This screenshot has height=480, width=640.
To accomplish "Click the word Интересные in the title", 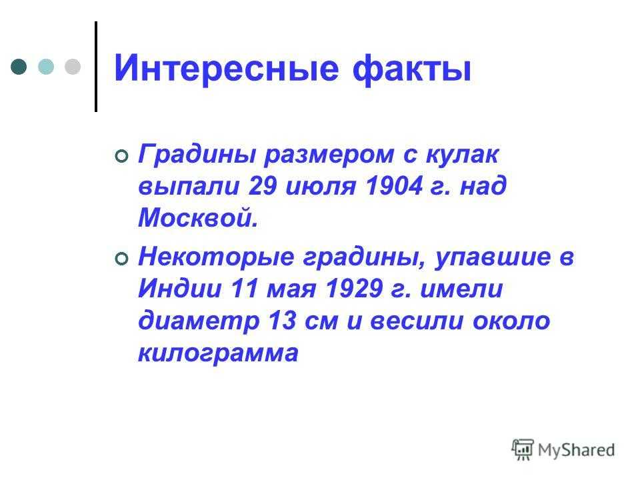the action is tap(227, 68).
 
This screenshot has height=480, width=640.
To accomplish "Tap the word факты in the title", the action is tap(412, 68).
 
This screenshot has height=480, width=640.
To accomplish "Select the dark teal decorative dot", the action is tap(19, 67).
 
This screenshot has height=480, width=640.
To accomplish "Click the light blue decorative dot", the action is tap(46, 67).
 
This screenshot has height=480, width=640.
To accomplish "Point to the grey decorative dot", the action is tap(73, 67).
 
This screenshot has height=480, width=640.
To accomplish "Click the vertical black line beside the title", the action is tap(96, 67).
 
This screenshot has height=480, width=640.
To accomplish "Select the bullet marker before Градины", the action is tap(121, 156).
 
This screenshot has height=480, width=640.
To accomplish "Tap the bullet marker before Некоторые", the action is tap(121, 259).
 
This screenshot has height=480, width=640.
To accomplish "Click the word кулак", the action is tap(463, 154).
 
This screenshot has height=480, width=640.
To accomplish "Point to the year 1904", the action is tap(394, 186).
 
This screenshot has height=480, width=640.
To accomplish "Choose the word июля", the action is tap(321, 187).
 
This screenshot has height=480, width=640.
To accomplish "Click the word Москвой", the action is tap(199, 217).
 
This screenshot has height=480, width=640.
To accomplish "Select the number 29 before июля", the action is tap(263, 186).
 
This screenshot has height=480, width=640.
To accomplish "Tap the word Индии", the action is tap(180, 289).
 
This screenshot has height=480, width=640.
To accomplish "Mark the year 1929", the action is tap(354, 289).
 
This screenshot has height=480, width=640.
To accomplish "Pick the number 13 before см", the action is tap(282, 321).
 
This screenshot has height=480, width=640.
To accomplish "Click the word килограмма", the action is tap(219, 353).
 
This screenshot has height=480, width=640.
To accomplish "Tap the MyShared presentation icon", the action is tap(523, 450).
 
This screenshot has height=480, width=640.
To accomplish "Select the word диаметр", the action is tap(199, 321).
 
